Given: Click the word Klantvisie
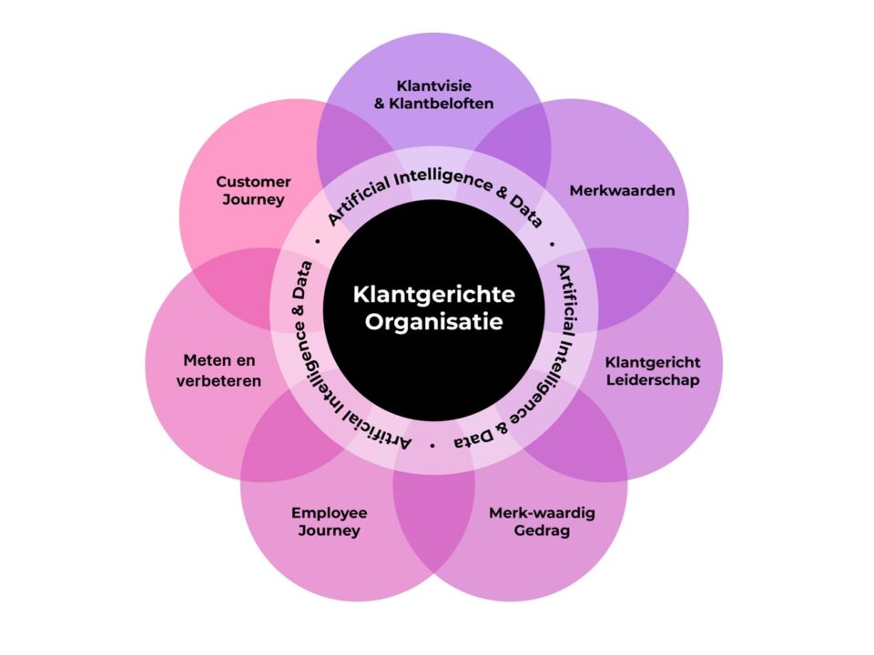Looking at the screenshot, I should [x=433, y=85].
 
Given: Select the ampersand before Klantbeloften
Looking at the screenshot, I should [x=380, y=103].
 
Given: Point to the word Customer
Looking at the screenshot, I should [x=253, y=182].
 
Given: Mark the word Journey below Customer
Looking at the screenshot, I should [x=253, y=199].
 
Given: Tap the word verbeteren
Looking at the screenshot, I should [x=218, y=380].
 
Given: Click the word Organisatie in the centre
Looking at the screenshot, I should [x=433, y=322].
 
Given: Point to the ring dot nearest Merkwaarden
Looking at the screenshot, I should [x=553, y=246].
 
